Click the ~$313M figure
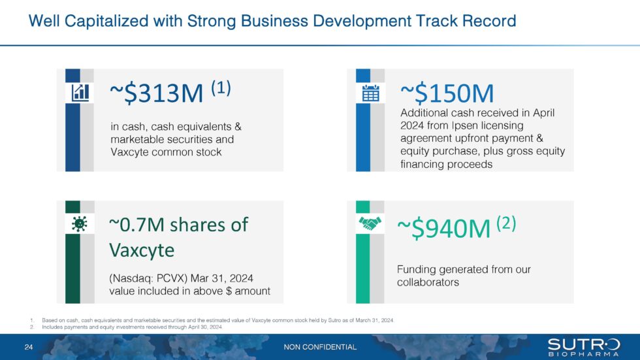click(157, 95)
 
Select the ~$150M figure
click(447, 95)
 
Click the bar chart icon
click(80, 93)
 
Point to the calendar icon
click(370, 93)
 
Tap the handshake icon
click(370, 223)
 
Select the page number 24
click(29, 347)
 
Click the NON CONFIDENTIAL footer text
click(320, 347)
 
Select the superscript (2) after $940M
click(506, 223)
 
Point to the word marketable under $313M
click(139, 139)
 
